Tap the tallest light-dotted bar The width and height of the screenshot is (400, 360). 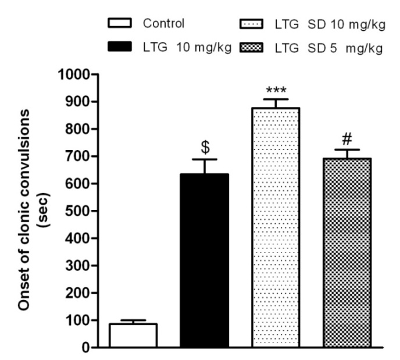[x=275, y=227]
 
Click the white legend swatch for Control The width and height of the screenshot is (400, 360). [x=119, y=24]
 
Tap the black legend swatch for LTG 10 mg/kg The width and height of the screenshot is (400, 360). [x=119, y=47]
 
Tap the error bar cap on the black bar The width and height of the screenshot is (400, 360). [x=204, y=159]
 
